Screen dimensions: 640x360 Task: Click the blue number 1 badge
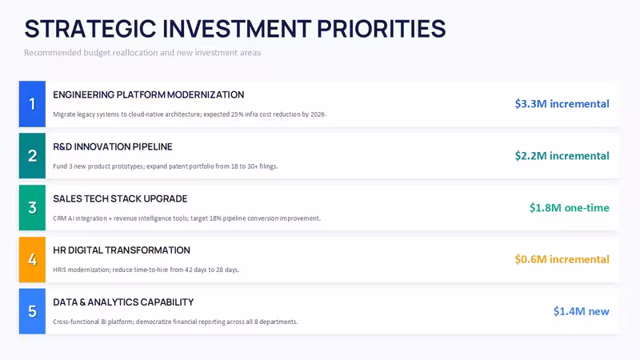32,104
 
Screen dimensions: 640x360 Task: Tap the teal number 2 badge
32,155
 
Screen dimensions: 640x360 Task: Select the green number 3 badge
32,207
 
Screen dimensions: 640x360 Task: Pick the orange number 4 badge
32,259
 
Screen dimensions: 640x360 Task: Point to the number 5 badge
32,311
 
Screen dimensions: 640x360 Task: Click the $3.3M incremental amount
562,104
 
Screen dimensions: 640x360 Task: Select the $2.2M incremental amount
562,155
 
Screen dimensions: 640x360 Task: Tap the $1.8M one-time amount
569,207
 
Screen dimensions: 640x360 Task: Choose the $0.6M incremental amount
562,259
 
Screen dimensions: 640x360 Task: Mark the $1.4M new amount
582,311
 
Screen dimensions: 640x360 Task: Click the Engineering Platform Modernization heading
149,94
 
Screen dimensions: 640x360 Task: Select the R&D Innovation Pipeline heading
113,146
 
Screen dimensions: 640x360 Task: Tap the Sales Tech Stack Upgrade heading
120,198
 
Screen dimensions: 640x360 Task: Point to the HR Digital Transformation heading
122,250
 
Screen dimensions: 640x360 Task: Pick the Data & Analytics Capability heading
123,302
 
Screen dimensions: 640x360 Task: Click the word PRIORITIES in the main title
382,29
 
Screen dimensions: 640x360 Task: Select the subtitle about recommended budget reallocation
142,53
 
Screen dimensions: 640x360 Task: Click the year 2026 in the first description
318,114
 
